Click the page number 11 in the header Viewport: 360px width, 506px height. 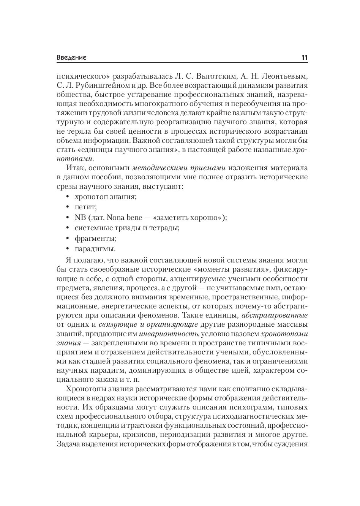pyautogui.click(x=304, y=58)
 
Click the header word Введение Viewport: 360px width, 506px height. pyautogui.click(x=71, y=58)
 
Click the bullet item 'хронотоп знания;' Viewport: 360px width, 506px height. pyautogui.click(x=106, y=196)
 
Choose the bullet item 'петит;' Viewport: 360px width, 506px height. pyautogui.click(x=86, y=207)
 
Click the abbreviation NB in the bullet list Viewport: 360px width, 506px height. pyautogui.click(x=81, y=218)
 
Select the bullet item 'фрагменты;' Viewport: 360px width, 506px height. pyautogui.click(x=95, y=239)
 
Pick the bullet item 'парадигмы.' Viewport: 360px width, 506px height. pyautogui.click(x=95, y=249)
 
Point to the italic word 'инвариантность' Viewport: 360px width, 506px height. pyautogui.click(x=169, y=334)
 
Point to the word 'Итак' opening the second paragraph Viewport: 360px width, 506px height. pyautogui.click(x=74, y=168)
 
